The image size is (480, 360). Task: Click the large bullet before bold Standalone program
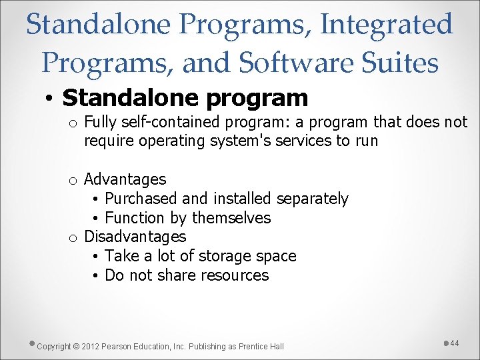click(50, 99)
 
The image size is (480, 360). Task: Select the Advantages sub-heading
click(125, 179)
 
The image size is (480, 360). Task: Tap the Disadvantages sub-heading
click(135, 237)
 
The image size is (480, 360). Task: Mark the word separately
click(312, 199)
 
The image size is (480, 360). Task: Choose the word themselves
click(231, 218)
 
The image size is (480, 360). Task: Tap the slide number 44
click(455, 343)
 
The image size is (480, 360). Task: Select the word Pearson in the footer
click(118, 346)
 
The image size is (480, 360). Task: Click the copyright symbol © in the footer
click(76, 346)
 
